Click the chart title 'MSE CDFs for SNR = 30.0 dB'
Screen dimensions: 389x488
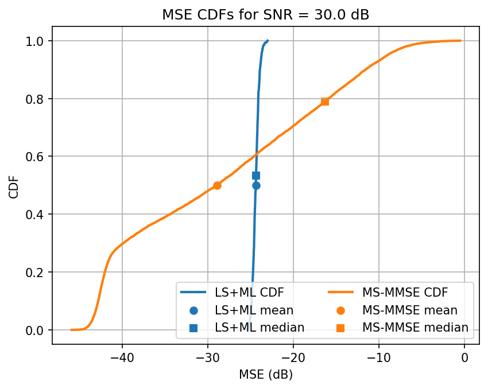click(265, 15)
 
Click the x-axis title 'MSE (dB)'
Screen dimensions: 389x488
click(265, 375)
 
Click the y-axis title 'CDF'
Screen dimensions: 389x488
click(13, 185)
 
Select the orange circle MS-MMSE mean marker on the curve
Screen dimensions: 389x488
click(217, 185)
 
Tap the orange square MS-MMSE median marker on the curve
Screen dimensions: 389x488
click(325, 102)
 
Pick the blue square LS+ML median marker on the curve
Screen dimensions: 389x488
click(256, 176)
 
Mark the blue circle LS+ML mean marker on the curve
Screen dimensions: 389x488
click(256, 185)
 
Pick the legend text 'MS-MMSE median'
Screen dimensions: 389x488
click(415, 328)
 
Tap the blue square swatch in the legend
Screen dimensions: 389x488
click(193, 328)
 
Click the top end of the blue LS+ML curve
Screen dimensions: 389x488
click(268, 41)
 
